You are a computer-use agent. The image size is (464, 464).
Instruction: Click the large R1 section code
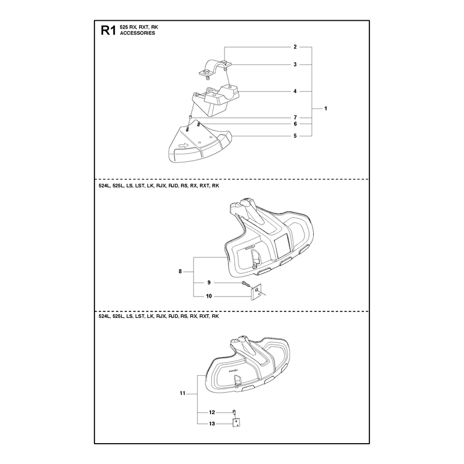coord(108,31)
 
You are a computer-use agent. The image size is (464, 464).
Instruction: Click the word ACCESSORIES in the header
coord(137,33)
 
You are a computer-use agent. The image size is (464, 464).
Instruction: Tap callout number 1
coord(325,108)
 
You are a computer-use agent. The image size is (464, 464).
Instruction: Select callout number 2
coord(295,47)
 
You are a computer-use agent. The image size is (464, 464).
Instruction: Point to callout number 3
coord(295,64)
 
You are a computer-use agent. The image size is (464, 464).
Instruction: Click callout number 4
coord(295,91)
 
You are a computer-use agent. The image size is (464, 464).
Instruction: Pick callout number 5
coord(295,136)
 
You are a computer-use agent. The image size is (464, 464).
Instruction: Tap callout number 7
coord(295,118)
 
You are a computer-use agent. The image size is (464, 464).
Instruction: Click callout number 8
coord(180,271)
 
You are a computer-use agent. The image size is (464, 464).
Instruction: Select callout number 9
coord(209,282)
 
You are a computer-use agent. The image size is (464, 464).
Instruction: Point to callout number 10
coord(209,296)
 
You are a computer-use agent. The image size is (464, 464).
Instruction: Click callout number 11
coord(182,393)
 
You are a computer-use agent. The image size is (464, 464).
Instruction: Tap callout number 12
coord(212,412)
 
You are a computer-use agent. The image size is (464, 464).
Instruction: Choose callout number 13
coord(212,424)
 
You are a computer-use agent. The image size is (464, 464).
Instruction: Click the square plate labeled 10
coord(256,292)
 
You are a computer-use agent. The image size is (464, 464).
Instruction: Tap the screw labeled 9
coord(246,284)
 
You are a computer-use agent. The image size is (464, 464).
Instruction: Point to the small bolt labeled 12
coord(234,412)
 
